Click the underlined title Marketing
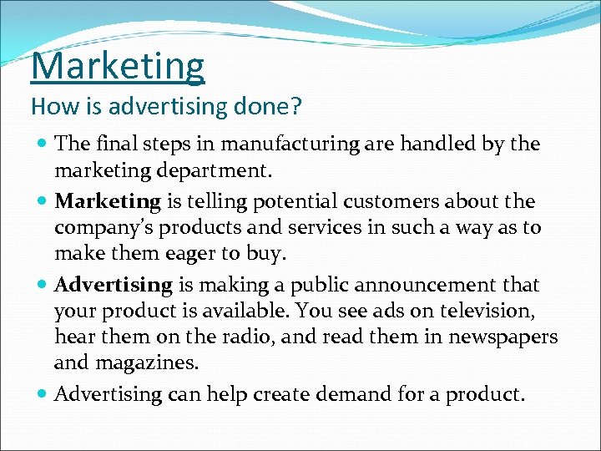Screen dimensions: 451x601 118,67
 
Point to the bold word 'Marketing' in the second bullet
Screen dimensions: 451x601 107,201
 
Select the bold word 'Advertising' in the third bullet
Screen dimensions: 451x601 113,285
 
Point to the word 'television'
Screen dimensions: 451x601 497,311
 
